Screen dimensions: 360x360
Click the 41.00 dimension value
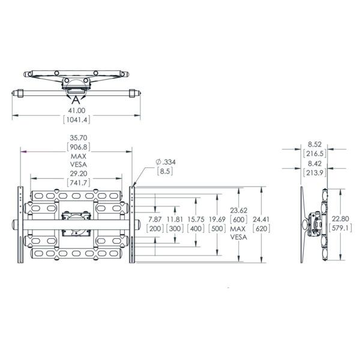coord(76,110)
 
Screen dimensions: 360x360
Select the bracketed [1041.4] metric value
coord(76,120)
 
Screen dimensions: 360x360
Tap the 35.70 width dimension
coord(76,137)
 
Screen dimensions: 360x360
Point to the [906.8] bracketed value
coord(76,146)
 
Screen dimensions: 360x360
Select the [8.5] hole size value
coord(164,172)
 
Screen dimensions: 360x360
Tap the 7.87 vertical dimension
coord(155,219)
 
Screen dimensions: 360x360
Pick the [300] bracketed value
coord(175,229)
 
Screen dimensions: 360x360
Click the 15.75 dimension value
coord(196,219)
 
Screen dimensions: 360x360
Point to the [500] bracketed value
coord(217,229)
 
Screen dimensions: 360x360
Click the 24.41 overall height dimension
coord(261,219)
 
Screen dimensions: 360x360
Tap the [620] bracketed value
coord(261,229)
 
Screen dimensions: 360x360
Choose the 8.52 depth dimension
coord(314,144)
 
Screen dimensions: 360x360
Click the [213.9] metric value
coord(314,173)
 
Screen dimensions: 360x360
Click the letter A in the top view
coord(76,100)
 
